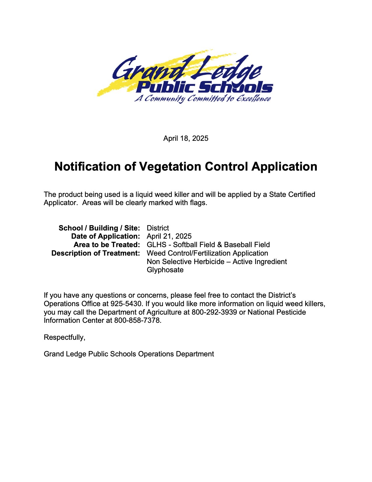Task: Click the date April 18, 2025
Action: tap(186, 138)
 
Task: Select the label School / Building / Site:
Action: tap(99, 228)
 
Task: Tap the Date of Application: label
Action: tap(106, 236)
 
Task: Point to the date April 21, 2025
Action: tap(169, 236)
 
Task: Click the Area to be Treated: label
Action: tap(107, 245)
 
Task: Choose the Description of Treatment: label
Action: tap(96, 253)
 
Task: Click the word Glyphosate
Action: tap(165, 270)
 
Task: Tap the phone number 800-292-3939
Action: tap(214, 312)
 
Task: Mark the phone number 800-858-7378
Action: tap(137, 320)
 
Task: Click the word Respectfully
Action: tap(64, 337)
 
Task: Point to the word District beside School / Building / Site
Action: tap(158, 228)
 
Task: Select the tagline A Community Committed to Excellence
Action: tap(202, 98)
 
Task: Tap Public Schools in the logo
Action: tap(204, 87)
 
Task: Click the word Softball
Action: tap(185, 245)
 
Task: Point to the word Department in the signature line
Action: tap(195, 354)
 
